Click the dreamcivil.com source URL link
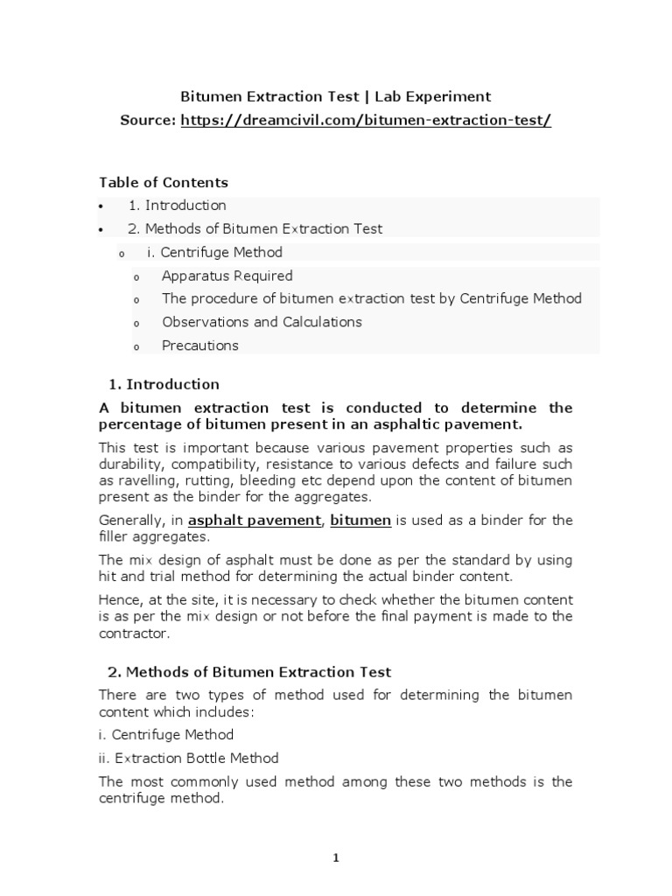click(x=366, y=121)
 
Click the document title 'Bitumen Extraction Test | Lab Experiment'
click(x=335, y=96)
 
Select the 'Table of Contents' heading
click(x=164, y=183)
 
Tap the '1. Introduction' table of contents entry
click(x=177, y=206)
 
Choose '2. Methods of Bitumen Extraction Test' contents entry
click(x=255, y=229)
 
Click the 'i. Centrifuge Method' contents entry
click(x=214, y=253)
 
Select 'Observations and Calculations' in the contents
click(x=262, y=322)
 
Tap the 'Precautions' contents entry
click(x=199, y=346)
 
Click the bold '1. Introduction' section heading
click(x=164, y=384)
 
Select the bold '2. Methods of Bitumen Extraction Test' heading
click(x=249, y=672)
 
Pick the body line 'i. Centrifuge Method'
click(x=166, y=735)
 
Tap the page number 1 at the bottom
click(x=335, y=858)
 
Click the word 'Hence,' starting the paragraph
click(x=118, y=599)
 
